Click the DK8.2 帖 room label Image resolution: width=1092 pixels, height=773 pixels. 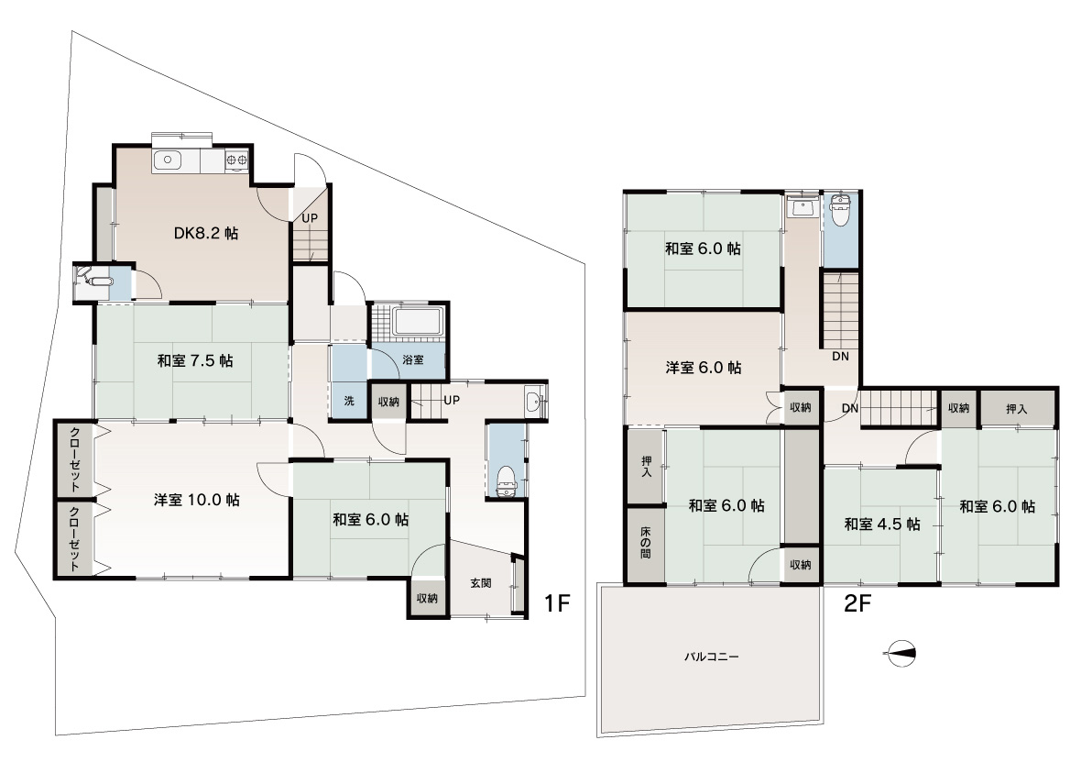pos(206,234)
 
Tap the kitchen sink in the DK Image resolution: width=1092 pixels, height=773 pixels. pos(167,160)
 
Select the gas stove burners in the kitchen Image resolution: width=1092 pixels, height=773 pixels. pos(236,160)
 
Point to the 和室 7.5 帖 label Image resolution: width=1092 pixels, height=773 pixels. pos(195,361)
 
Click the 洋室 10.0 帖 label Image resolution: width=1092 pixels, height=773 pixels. pos(197,500)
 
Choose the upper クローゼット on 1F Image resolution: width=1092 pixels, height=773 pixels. pos(74,459)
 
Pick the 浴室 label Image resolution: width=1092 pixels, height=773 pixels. pos(413,359)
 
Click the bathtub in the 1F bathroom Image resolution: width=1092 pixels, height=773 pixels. pos(418,322)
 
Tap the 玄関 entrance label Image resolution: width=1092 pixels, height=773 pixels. pos(481,582)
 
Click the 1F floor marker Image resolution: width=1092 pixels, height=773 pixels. pos(556,603)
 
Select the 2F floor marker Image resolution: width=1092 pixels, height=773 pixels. pos(857,603)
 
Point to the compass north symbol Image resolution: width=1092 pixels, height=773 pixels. pos(900,654)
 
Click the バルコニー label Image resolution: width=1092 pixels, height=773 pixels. pos(711,657)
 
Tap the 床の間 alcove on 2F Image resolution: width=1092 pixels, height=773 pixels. pos(646,545)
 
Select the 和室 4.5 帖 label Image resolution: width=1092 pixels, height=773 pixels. pos(882,525)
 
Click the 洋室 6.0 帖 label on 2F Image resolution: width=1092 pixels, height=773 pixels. pos(704,368)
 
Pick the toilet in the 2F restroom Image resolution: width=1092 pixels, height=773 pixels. pos(841,211)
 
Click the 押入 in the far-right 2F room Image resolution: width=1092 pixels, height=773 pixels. pos(1018,409)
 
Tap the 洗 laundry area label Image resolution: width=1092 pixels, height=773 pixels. pos(349,401)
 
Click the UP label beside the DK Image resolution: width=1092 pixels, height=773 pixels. pos(310,218)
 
